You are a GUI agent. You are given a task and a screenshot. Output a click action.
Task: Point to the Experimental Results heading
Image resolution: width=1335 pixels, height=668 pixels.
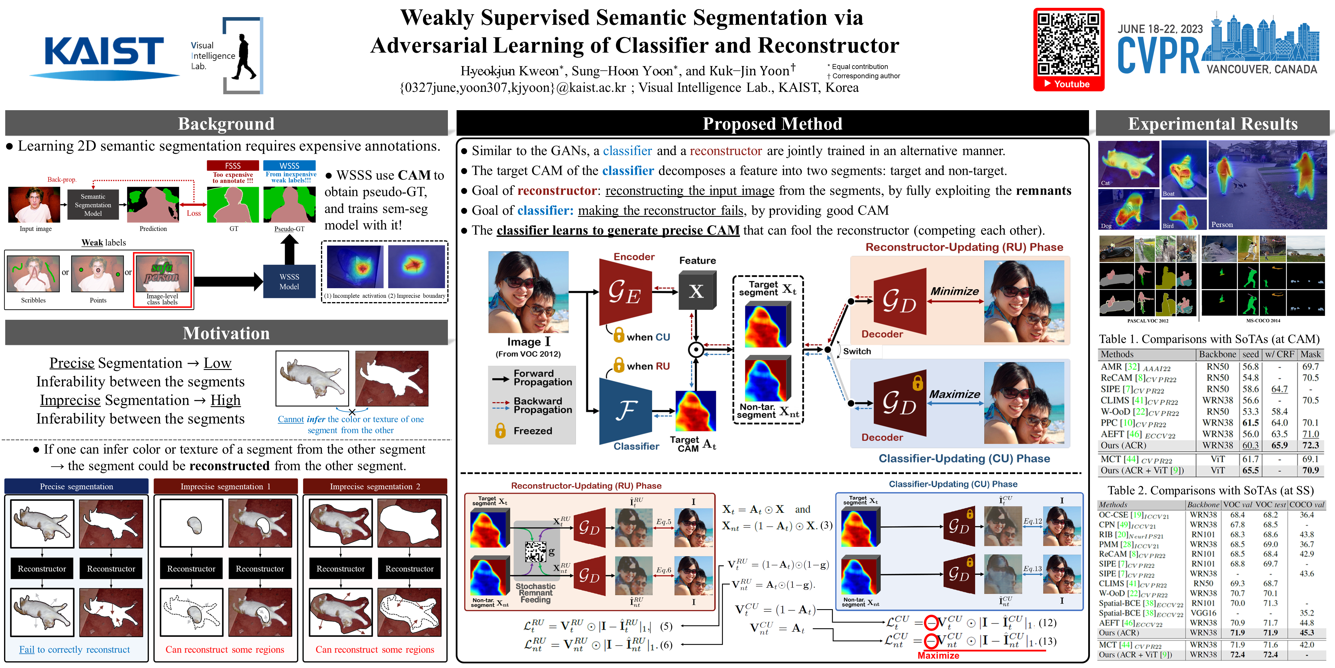click(1213, 124)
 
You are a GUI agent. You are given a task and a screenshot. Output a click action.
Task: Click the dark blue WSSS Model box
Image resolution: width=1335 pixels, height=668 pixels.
click(289, 282)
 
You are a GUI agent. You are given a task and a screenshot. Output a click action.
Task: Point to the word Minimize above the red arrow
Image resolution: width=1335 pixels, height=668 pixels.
click(955, 291)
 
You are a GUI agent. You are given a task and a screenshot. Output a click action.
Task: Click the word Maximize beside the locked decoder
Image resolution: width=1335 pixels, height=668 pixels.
click(955, 394)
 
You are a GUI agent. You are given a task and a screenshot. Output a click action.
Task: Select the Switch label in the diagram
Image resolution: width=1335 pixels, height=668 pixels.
click(857, 351)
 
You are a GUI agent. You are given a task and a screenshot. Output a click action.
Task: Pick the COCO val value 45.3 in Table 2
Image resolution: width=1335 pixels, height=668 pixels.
click(1307, 633)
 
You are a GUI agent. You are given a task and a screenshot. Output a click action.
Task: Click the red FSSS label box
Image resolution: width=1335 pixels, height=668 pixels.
click(233, 166)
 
